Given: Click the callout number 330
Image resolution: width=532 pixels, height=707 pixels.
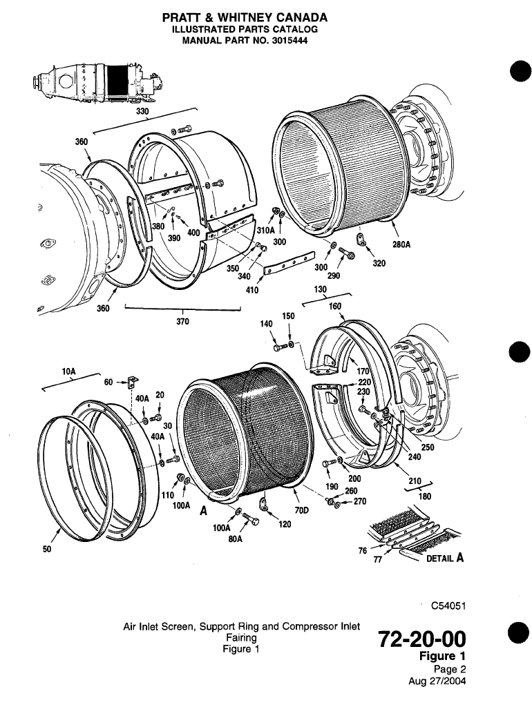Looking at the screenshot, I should [142, 110].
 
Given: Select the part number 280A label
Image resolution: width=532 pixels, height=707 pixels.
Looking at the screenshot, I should [401, 244].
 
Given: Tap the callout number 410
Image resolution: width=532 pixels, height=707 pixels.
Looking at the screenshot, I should [252, 290].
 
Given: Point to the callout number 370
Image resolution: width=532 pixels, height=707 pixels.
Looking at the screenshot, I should [183, 320].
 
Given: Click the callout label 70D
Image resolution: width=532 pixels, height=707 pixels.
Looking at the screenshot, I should [301, 510].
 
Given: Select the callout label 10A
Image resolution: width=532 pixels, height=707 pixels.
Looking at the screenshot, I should [68, 371].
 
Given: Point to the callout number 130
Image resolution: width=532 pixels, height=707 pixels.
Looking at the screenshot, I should [319, 290].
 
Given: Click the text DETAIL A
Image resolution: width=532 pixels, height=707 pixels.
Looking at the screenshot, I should [443, 559].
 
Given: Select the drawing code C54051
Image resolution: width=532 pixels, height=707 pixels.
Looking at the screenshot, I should [447, 607].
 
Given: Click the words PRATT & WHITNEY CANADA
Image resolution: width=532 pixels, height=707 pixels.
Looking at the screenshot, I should [245, 17].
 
